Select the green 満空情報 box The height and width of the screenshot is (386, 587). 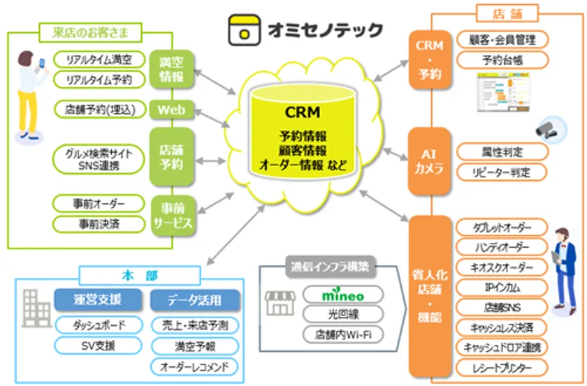(x=171, y=68)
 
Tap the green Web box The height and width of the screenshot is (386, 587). (x=171, y=110)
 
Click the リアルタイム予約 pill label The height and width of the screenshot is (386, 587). (x=99, y=80)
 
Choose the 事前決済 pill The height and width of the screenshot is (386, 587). (x=99, y=224)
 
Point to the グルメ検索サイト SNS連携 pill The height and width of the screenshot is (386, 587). (x=99, y=157)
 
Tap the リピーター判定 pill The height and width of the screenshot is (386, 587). (x=501, y=172)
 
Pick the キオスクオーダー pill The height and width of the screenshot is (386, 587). (x=501, y=267)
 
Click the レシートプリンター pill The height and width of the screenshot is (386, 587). (x=501, y=367)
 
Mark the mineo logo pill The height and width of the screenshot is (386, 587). (x=342, y=295)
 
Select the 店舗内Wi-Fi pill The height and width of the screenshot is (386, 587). (x=342, y=334)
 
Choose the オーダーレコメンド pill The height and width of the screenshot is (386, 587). (x=195, y=366)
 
